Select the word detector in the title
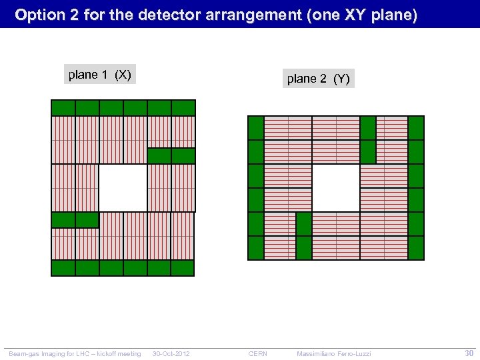[171, 15]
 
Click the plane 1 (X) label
[99, 75]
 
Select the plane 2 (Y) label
[318, 79]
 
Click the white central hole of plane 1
[123, 188]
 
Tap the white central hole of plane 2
[336, 187]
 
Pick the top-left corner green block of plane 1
[63, 108]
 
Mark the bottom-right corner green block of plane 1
[183, 268]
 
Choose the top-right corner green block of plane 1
[183, 108]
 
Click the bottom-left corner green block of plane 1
[63, 268]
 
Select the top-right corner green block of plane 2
[416, 128]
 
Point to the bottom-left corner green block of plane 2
[256, 248]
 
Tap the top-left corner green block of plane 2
[256, 128]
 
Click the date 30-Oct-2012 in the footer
[171, 353]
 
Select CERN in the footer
[257, 353]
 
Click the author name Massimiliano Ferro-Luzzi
[334, 353]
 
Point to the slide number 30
[469, 353]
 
